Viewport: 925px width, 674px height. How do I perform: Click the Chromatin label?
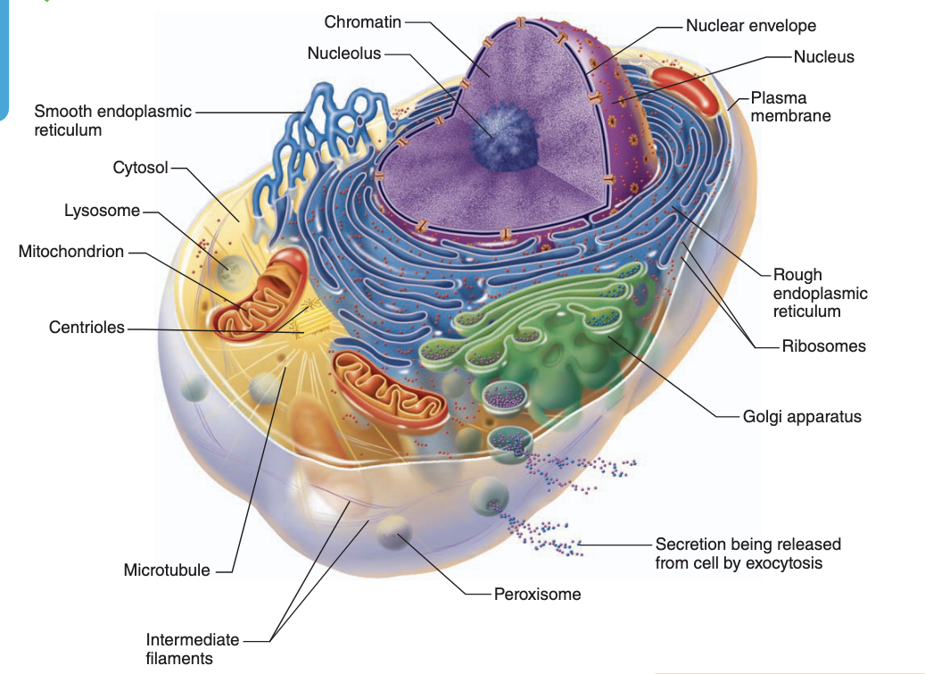pos(362,21)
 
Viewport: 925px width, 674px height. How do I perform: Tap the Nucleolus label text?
pos(343,54)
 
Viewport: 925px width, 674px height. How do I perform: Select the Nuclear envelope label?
pos(750,26)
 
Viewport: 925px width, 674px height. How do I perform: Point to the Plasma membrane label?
pos(790,106)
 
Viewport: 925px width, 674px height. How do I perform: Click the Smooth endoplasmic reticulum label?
pos(112,121)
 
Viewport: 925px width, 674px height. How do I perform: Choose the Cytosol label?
pos(140,168)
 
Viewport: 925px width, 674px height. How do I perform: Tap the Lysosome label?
pos(102,211)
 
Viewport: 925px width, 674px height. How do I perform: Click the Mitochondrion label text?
pos(71,252)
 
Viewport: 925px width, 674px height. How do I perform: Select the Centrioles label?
pos(87,328)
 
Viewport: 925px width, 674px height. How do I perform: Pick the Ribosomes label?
pos(823,346)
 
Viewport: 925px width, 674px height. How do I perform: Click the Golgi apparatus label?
pos(802,416)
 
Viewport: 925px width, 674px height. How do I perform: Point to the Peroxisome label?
pos(537,594)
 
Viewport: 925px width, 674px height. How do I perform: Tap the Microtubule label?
pos(167,570)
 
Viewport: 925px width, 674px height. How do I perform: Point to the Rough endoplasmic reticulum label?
pos(820,293)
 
